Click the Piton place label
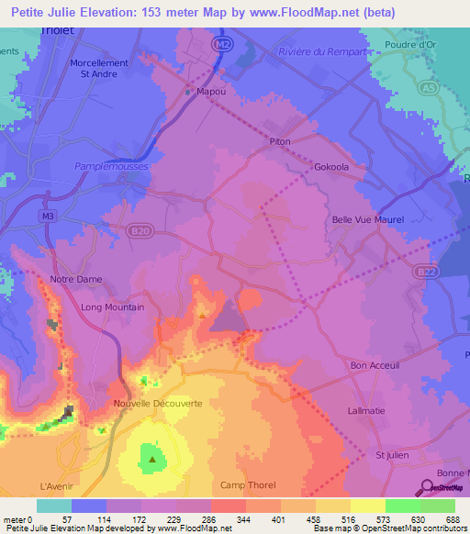(x=280, y=141)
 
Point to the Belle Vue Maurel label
(x=367, y=220)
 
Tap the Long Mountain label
(x=112, y=307)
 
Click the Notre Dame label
(x=76, y=280)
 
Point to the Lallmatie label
(x=366, y=411)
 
